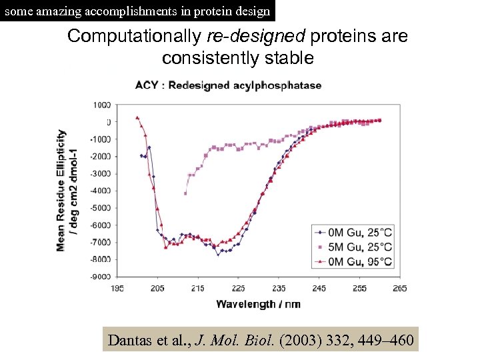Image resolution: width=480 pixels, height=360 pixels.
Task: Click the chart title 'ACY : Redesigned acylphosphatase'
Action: point(228,85)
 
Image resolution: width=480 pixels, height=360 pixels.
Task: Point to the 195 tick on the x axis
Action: point(117,288)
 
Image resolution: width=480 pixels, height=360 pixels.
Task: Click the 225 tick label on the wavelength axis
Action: point(238,288)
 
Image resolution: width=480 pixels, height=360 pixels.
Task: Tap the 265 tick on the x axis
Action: point(399,288)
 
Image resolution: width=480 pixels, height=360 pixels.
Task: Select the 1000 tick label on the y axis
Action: point(102,105)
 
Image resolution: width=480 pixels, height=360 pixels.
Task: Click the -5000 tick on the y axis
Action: point(100,208)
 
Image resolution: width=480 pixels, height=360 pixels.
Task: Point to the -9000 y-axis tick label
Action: point(100,277)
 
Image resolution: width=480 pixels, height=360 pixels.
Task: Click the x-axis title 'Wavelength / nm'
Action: point(258,304)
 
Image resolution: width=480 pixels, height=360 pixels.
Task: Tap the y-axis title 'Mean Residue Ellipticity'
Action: point(61,190)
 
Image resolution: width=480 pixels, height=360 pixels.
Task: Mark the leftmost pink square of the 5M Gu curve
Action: point(185,193)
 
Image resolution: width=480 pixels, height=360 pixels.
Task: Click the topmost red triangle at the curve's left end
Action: point(137,117)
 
